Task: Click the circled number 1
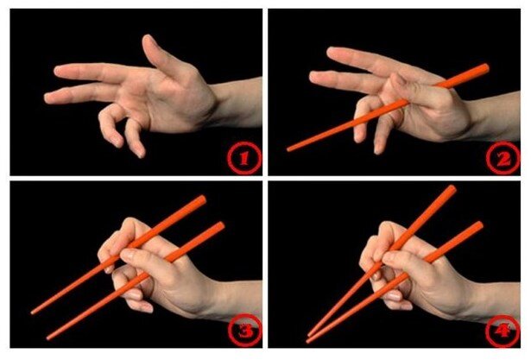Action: [244, 158]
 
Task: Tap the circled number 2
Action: [503, 158]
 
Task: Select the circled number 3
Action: [245, 331]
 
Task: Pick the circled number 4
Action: [503, 331]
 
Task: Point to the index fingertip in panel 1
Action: [58, 70]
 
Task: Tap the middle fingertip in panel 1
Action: [48, 98]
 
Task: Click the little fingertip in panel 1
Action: [140, 154]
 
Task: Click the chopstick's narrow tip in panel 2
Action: [288, 149]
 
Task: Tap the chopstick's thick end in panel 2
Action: [485, 68]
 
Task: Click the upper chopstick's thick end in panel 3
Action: [202, 199]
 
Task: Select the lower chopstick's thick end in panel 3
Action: [220, 226]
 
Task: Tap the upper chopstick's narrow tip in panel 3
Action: [33, 313]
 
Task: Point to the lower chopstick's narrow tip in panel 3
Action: [48, 338]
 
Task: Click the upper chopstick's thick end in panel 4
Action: [452, 189]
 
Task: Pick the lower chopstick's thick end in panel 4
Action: [478, 226]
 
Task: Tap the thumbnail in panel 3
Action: [127, 252]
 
